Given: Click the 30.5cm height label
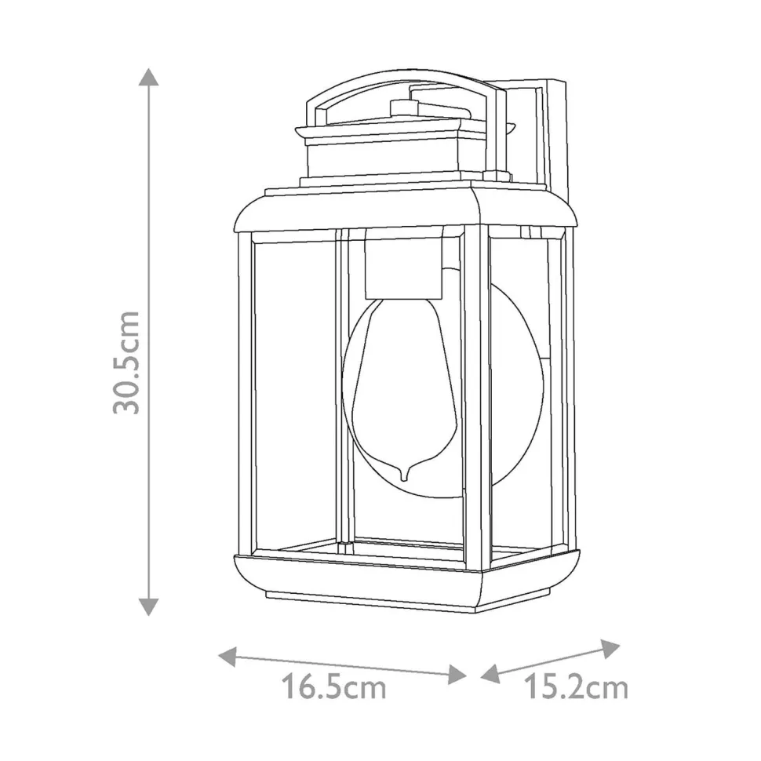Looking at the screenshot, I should (x=126, y=362).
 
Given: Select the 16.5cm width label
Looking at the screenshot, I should (x=334, y=688).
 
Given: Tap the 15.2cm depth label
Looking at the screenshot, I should (x=577, y=688).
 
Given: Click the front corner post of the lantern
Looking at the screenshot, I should (x=475, y=392).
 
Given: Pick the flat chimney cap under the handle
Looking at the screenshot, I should (x=384, y=130).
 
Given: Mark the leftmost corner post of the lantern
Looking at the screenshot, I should (x=245, y=392).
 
